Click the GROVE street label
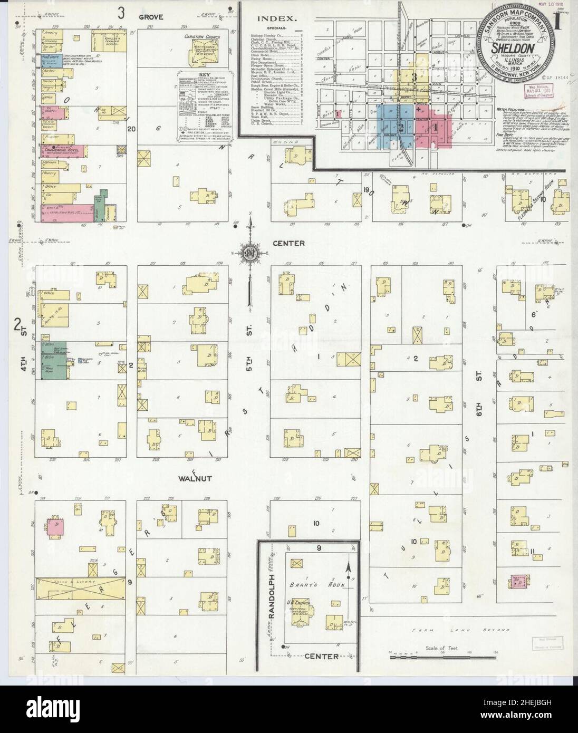(x=152, y=16)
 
